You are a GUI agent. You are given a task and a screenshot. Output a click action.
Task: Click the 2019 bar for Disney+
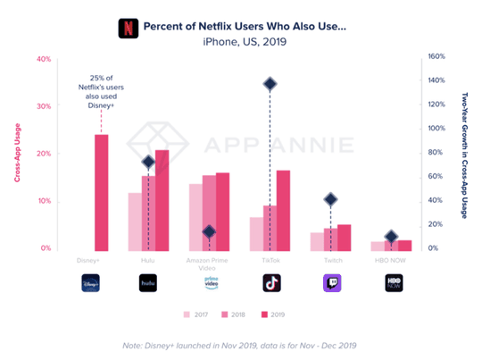101,191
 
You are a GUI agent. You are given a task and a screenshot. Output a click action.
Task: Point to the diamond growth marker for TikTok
270,84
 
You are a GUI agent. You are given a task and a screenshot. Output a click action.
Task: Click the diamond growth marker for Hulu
148,163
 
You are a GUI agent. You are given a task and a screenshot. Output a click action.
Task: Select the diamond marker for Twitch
331,199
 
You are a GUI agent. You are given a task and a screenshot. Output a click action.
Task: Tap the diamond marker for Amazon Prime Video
209,231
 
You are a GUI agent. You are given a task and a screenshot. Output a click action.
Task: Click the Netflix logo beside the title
129,27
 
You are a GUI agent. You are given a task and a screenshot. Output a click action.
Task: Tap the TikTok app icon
270,282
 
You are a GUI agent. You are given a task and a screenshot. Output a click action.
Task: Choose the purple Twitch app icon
331,282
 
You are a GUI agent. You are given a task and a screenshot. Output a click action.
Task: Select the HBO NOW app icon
393,282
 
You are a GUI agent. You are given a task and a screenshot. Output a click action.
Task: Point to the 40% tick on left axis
43,59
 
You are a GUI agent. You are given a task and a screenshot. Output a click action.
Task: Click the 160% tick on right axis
435,55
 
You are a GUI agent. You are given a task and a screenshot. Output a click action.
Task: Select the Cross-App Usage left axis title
18,155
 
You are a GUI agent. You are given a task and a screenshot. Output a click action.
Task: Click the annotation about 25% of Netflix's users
101,88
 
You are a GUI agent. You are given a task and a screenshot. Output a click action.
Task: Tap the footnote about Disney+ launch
241,345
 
